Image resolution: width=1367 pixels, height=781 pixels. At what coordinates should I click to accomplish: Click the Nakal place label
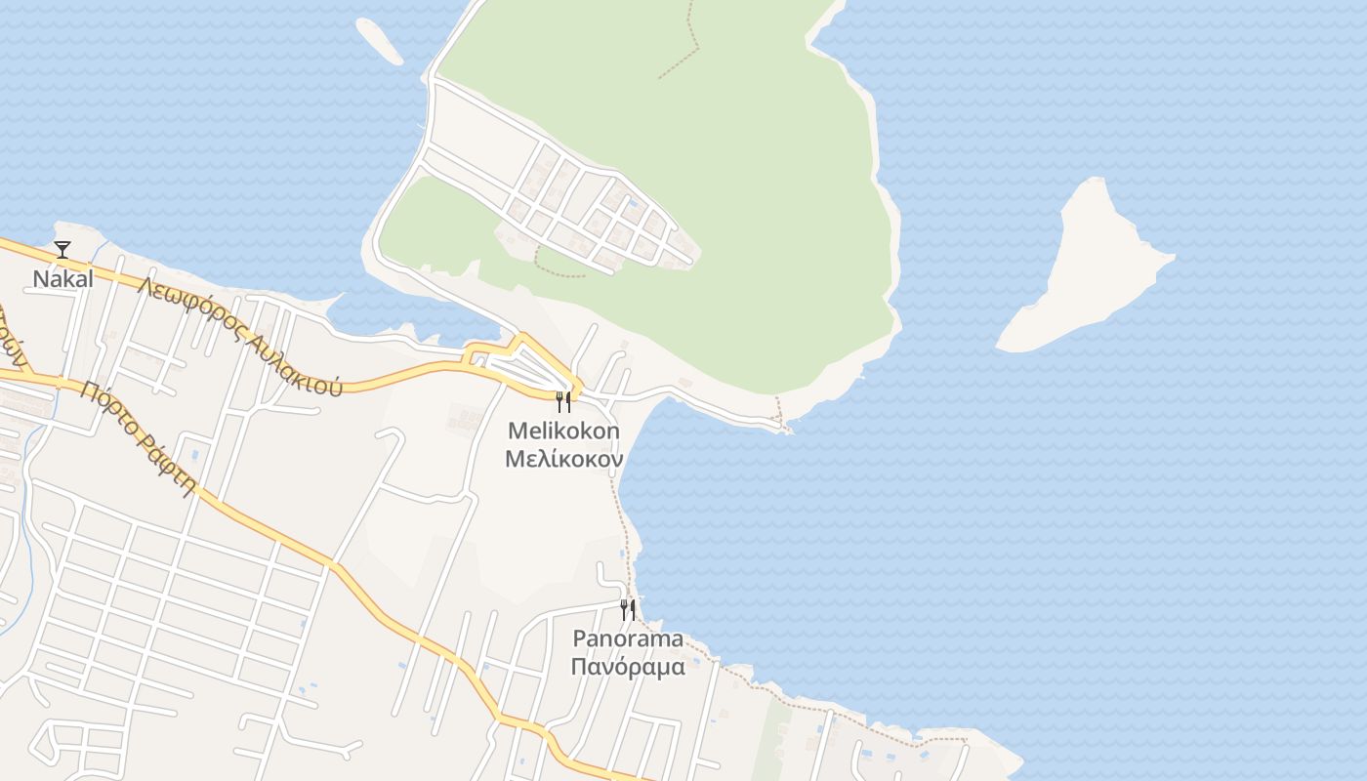63,278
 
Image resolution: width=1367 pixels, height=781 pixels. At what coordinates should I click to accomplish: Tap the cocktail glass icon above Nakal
62,250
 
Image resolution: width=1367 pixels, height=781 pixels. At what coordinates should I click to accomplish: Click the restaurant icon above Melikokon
563,401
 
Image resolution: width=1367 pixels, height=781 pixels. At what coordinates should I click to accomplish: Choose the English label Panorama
628,639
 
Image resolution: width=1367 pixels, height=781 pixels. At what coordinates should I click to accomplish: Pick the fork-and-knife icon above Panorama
628,610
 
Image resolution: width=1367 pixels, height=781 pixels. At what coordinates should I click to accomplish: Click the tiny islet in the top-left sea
379,41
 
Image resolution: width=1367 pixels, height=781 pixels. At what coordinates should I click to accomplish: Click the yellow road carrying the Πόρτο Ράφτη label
264,528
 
